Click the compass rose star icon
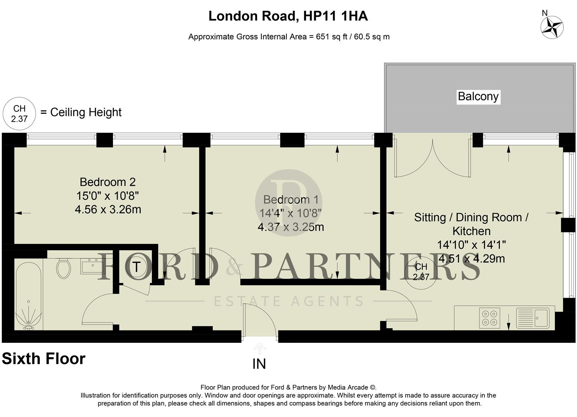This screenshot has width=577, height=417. [552, 28]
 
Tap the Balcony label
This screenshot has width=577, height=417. [478, 96]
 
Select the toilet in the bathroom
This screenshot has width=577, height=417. [63, 268]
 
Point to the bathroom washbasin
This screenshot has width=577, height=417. [92, 266]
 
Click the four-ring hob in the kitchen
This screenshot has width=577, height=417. [489, 318]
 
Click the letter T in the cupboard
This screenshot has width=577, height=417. [136, 267]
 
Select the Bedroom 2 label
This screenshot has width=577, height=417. [108, 182]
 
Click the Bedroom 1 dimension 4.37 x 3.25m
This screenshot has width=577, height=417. [291, 227]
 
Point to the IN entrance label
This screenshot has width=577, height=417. [259, 364]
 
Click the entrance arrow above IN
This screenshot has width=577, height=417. [259, 348]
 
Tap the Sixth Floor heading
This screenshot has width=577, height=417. [44, 359]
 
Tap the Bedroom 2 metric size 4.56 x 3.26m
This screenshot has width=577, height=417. [108, 210]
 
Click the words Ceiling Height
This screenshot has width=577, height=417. [86, 112]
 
